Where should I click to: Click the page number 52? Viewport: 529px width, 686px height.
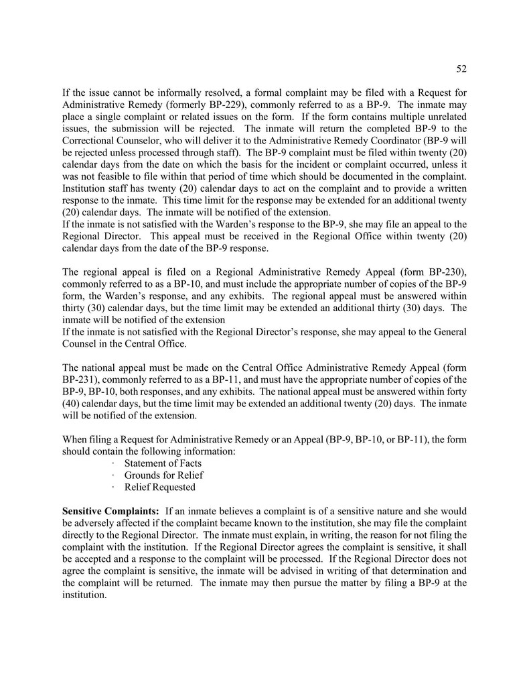[461, 68]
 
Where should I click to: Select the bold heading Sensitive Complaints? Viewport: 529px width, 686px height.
[110, 512]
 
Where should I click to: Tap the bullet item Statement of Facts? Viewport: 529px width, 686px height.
[163, 463]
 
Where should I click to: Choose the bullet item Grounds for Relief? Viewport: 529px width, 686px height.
[163, 475]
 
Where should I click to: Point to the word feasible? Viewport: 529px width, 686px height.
[108, 177]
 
